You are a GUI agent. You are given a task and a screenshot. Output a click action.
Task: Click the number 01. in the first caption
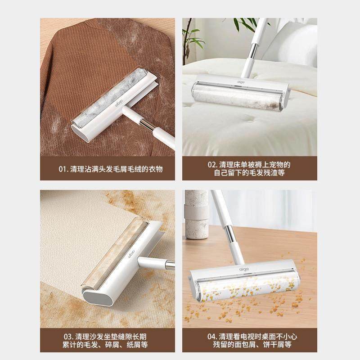pyautogui.click(x=64, y=169)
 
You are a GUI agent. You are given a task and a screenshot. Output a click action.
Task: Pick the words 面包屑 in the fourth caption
pyautogui.click(x=253, y=345)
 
